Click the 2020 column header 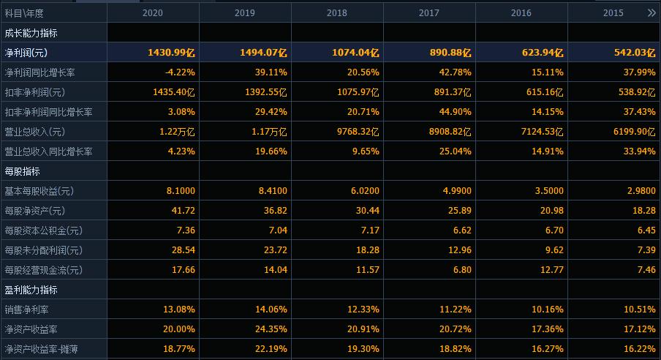[x=153, y=13]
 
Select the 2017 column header [x=429, y=13]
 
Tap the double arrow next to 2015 [x=651, y=13]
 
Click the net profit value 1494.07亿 [x=263, y=53]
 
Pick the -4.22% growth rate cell [x=180, y=72]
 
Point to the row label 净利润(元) [x=26, y=53]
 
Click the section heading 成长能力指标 [x=31, y=33]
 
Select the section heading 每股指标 [x=22, y=171]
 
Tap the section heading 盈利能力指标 [x=31, y=290]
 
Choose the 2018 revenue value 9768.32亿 [x=355, y=132]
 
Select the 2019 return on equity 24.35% [x=271, y=329]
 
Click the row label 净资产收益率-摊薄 [x=41, y=349]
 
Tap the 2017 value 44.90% [x=454, y=112]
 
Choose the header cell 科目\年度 [x=24, y=13]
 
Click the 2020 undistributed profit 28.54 [x=182, y=250]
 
